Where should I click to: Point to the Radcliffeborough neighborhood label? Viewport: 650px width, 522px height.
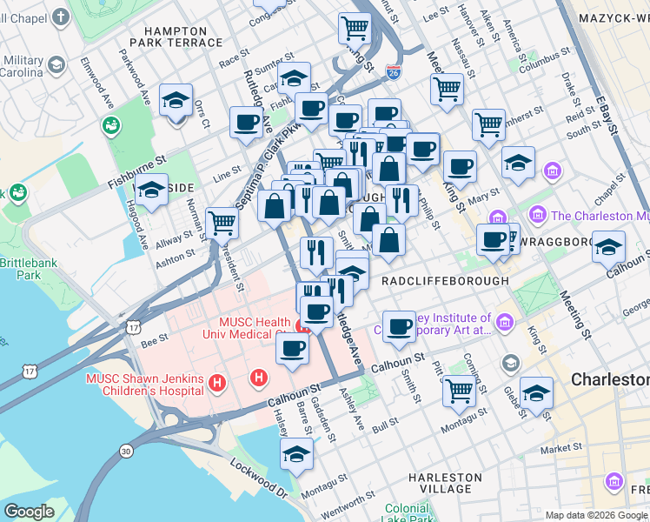445,281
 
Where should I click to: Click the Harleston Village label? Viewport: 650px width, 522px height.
445,483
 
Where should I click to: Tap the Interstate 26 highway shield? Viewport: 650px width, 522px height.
394,73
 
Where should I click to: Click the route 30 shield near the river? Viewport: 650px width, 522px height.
127,451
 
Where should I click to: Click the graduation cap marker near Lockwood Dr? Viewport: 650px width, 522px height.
297,453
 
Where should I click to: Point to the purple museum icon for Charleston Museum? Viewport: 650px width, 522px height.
537,215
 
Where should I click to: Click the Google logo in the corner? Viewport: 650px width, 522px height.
29,512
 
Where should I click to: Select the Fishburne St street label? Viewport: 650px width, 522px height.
136,162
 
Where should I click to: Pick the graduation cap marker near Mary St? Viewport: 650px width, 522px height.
518,163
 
